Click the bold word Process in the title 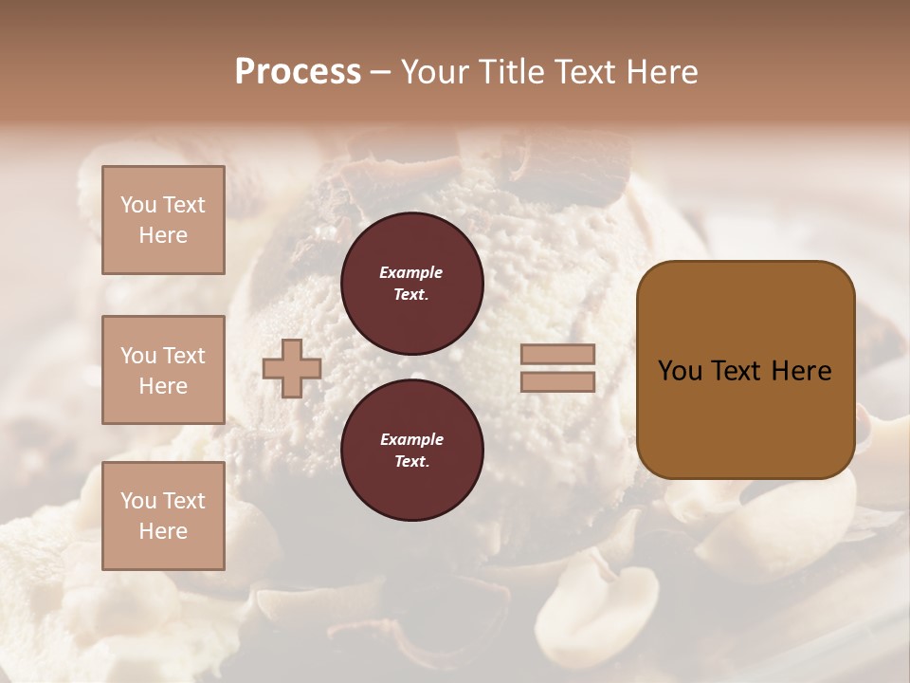point(298,72)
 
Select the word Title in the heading point(510,72)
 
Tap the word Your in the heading point(437,72)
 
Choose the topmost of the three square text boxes point(163,220)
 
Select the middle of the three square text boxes point(163,370)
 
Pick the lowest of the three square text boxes point(163,516)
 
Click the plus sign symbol point(291,368)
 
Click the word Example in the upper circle point(410,272)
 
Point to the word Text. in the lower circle point(410,462)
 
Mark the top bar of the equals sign point(557,354)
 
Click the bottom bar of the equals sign point(557,381)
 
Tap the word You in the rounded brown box point(680,371)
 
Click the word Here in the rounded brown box point(801,371)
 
